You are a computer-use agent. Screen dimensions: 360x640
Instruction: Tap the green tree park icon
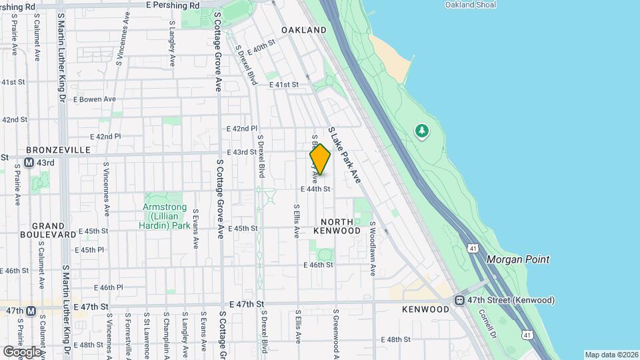(x=422, y=131)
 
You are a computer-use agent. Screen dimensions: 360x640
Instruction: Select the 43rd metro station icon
(x=30, y=163)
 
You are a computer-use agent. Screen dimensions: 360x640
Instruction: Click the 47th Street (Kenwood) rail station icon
(x=459, y=301)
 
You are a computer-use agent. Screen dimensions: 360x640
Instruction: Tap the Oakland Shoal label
(x=471, y=5)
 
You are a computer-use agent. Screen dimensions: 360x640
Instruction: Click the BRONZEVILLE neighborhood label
(x=58, y=150)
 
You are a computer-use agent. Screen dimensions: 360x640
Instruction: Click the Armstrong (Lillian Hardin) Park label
(x=166, y=216)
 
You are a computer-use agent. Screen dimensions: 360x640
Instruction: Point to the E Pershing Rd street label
(x=173, y=5)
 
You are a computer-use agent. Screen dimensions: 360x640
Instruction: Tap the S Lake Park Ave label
(x=344, y=155)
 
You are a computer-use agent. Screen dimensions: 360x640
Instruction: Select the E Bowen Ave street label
(x=95, y=99)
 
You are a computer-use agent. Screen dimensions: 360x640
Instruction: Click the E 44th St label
(x=315, y=189)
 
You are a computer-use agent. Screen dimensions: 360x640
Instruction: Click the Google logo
(x=22, y=351)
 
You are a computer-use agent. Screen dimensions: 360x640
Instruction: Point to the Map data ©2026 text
(x=611, y=355)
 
